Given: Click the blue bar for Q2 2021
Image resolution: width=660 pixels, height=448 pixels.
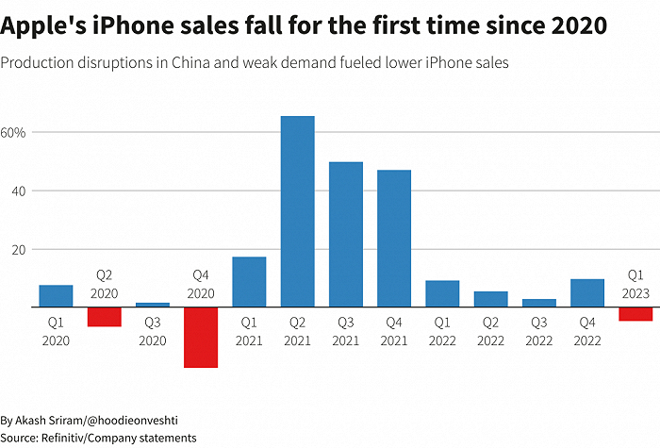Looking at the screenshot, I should coord(297,211).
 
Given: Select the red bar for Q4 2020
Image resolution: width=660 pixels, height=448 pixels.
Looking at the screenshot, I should coord(201,337).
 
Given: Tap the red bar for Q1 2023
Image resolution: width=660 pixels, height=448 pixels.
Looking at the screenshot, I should coord(635,314).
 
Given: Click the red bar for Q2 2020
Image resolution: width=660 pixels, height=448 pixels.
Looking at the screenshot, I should coord(105,317).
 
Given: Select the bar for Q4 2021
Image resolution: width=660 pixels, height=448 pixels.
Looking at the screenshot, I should coord(394,239).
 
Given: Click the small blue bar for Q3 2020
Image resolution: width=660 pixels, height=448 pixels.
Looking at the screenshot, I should coord(153,305).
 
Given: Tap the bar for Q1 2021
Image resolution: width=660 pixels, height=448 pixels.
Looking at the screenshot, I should coord(249,282).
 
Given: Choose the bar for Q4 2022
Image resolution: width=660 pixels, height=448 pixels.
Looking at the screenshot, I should coord(587,293).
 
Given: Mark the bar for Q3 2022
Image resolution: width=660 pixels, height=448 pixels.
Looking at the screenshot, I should coord(539,303).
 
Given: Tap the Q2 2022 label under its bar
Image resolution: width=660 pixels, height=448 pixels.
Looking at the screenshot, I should coord(491,331).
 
